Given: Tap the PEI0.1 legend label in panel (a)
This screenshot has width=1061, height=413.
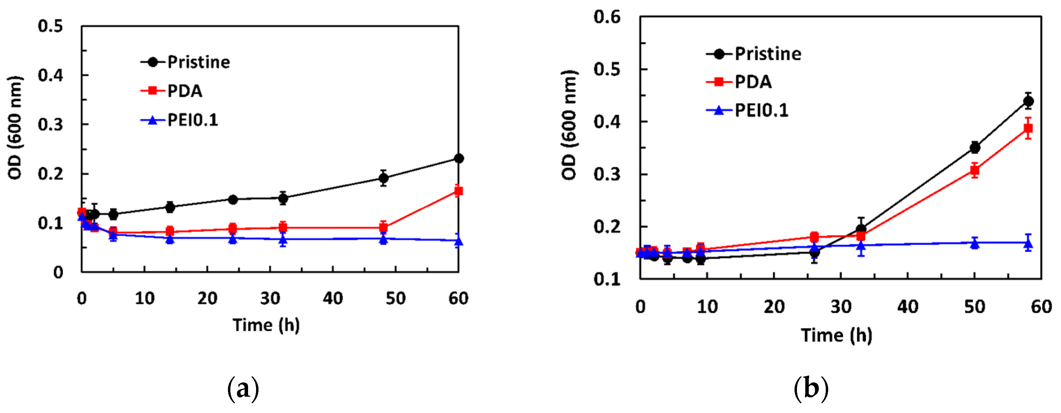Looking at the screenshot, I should (x=192, y=120).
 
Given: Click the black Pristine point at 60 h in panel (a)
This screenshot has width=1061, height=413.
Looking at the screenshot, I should (x=458, y=159).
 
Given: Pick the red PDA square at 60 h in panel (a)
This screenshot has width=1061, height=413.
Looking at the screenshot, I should (x=458, y=191).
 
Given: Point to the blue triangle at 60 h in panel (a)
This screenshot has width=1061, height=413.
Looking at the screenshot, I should (x=458, y=241).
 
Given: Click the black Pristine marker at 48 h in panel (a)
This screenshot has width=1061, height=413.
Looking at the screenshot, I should (x=383, y=178).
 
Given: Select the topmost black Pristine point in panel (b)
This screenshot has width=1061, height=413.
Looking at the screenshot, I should (x=1028, y=101).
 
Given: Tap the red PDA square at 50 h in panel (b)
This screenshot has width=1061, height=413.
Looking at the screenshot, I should (x=975, y=170).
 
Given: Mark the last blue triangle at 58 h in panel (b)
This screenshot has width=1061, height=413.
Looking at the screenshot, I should (x=1028, y=244).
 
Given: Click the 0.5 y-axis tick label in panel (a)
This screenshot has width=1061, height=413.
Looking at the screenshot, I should (x=50, y=26).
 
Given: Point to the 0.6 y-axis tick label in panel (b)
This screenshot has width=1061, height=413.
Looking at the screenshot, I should (x=607, y=17).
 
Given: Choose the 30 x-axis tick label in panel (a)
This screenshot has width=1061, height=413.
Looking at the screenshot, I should (x=270, y=298).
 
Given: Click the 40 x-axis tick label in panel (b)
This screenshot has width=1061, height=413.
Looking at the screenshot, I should (x=908, y=307).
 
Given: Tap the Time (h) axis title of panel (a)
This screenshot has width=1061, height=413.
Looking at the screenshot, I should (x=266, y=325).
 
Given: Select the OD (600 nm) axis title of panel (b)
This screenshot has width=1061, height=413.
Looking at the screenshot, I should (x=569, y=125).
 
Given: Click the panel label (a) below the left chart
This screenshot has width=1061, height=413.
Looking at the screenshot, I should (x=243, y=389).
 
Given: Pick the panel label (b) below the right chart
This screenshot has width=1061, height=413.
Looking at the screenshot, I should (x=811, y=389).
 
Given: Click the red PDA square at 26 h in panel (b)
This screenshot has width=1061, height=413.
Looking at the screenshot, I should (x=814, y=237).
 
